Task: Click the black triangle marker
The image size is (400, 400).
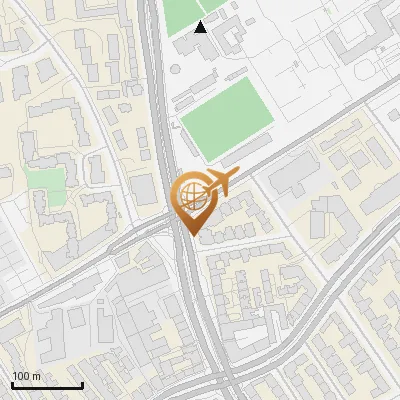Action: click(201, 27)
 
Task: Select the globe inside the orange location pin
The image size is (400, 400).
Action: click(189, 195)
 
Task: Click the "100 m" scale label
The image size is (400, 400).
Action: click(26, 376)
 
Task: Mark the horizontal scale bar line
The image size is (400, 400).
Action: click(47, 385)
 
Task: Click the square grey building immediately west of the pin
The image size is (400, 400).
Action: click(146, 191)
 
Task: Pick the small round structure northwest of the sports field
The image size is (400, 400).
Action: click(176, 69)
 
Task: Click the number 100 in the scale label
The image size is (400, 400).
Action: click(21, 376)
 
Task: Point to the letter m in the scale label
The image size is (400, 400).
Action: click(35, 376)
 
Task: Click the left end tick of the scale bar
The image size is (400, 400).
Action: click(12, 383)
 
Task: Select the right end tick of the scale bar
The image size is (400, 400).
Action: click(82, 383)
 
